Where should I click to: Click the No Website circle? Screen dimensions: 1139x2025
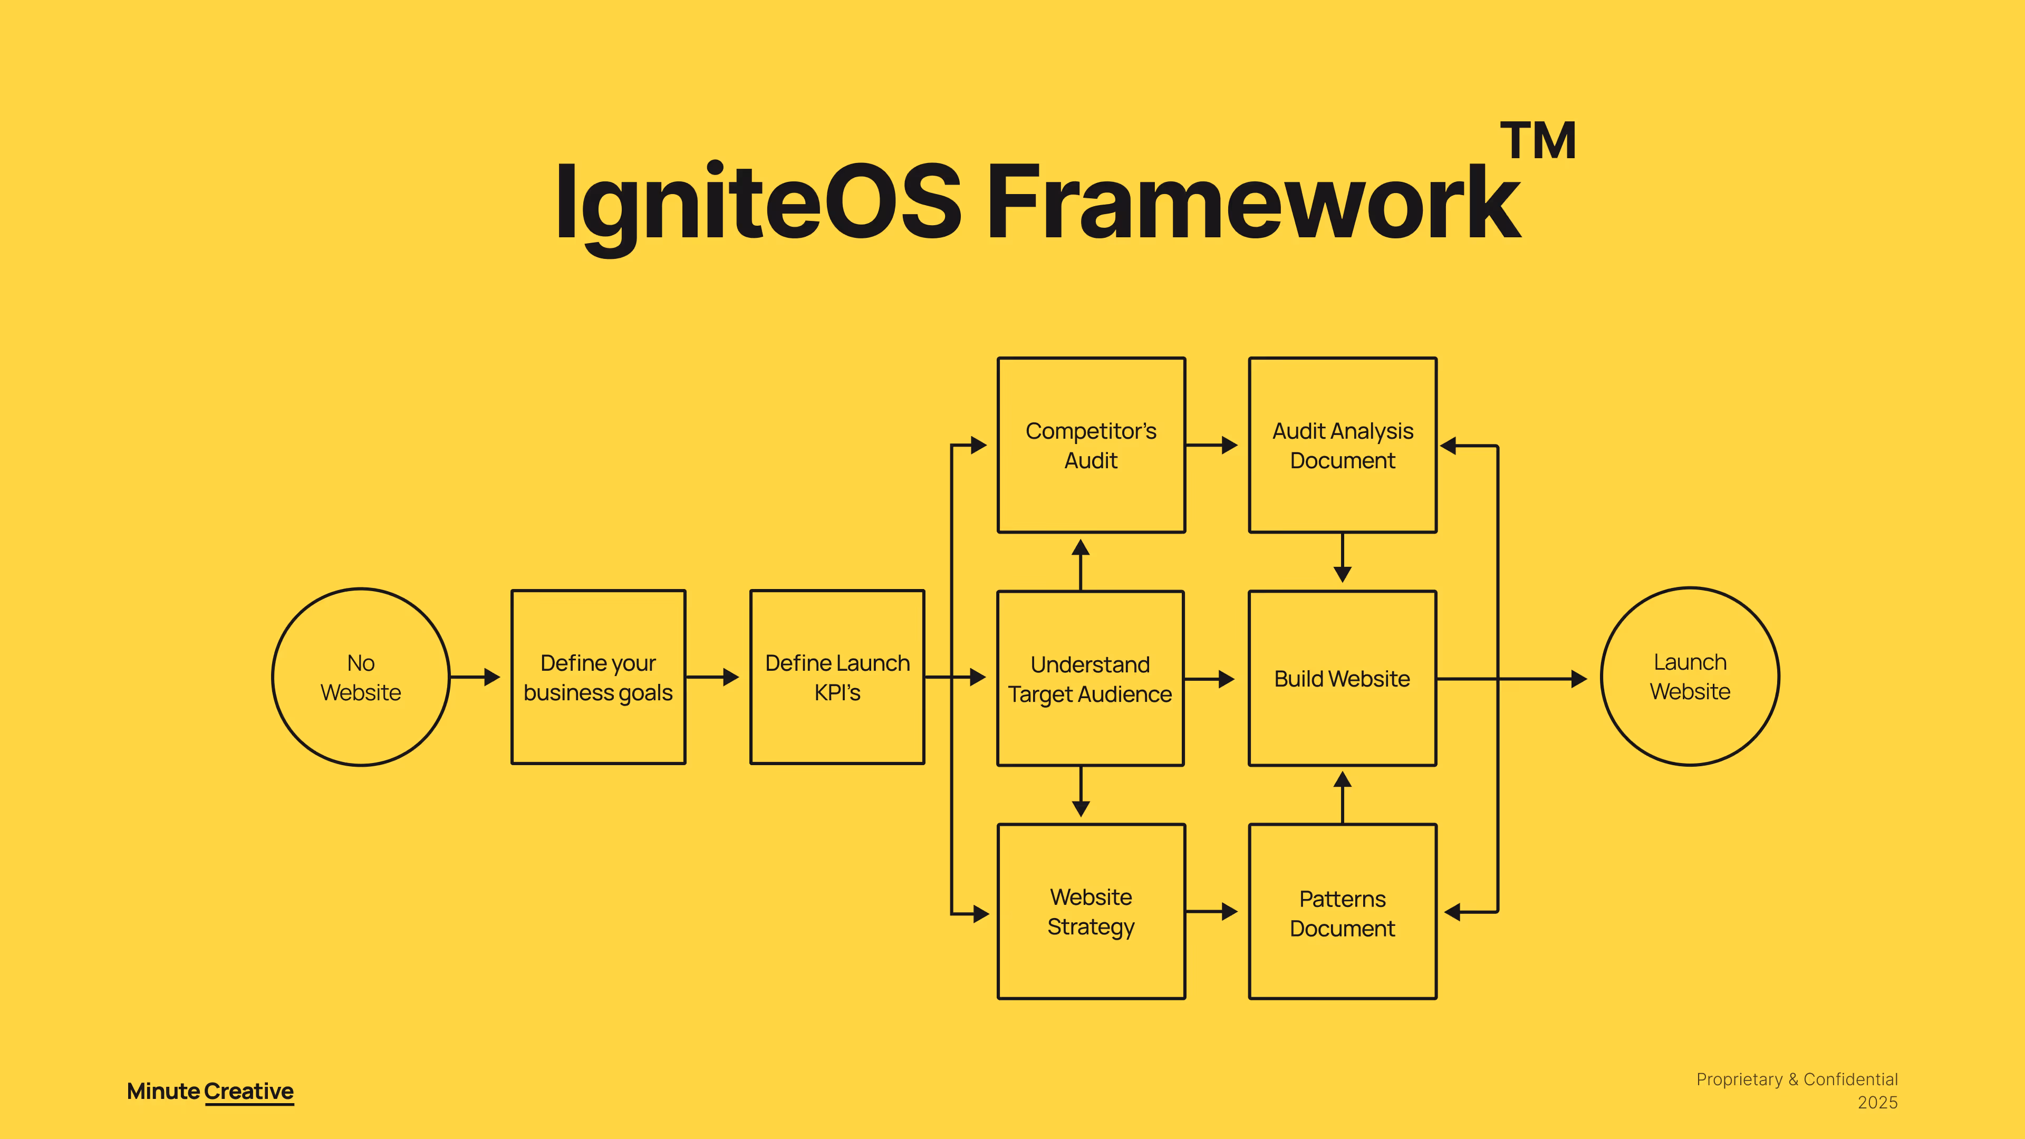[x=361, y=677]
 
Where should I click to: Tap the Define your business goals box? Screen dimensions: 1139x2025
[x=598, y=677]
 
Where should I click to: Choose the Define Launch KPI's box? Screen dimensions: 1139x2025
[x=837, y=677]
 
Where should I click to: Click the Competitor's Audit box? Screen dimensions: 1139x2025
[x=1091, y=445]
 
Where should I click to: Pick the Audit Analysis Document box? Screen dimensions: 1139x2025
[x=1343, y=445]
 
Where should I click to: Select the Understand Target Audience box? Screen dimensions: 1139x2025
[x=1091, y=678]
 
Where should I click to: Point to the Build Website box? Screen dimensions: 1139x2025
[x=1342, y=678]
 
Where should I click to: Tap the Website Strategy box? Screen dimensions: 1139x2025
[x=1091, y=911]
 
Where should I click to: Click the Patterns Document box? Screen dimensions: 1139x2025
[x=1343, y=912]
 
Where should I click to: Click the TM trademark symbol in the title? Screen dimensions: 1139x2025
[x=1538, y=141]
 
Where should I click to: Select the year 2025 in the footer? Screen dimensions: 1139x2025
[x=1877, y=1103]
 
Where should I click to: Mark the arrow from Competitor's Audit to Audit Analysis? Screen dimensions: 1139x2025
[x=1211, y=445]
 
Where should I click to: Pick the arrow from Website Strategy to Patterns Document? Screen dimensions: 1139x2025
[x=1211, y=912]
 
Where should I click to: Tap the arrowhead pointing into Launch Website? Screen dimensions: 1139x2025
[x=1578, y=678]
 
